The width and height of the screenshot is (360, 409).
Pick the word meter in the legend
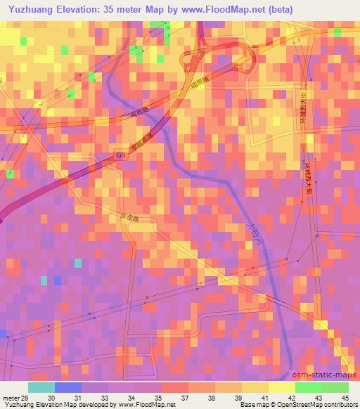pyautogui.click(x=12, y=398)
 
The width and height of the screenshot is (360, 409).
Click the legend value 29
pyautogui.click(x=27, y=398)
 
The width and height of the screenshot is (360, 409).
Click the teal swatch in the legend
pyautogui.click(x=41, y=387)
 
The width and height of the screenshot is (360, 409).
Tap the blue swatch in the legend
pyautogui.click(x=68, y=387)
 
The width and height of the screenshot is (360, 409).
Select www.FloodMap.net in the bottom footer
pyautogui.click(x=149, y=405)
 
